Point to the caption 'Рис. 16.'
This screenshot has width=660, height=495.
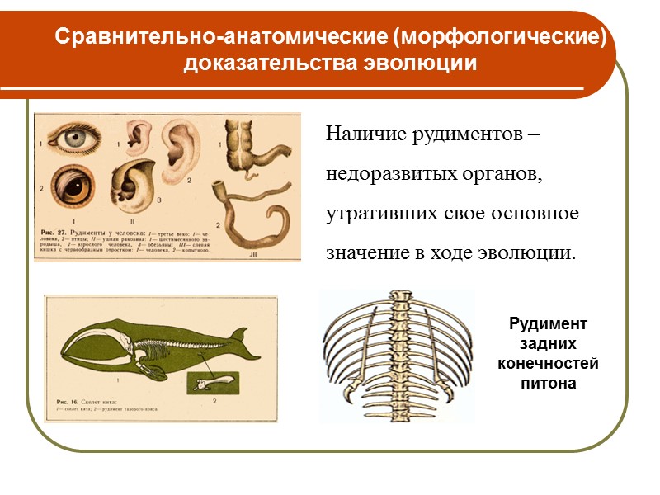click(66, 398)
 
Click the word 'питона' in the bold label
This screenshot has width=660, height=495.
click(549, 384)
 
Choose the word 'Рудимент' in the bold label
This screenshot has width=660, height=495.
click(549, 324)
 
